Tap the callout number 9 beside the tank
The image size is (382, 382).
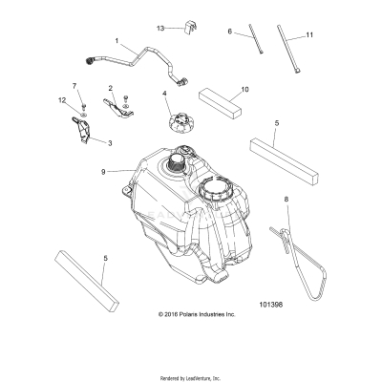115,172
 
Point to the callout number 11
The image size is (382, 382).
309,34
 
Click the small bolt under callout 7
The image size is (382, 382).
80,106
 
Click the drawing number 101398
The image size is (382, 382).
297,306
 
